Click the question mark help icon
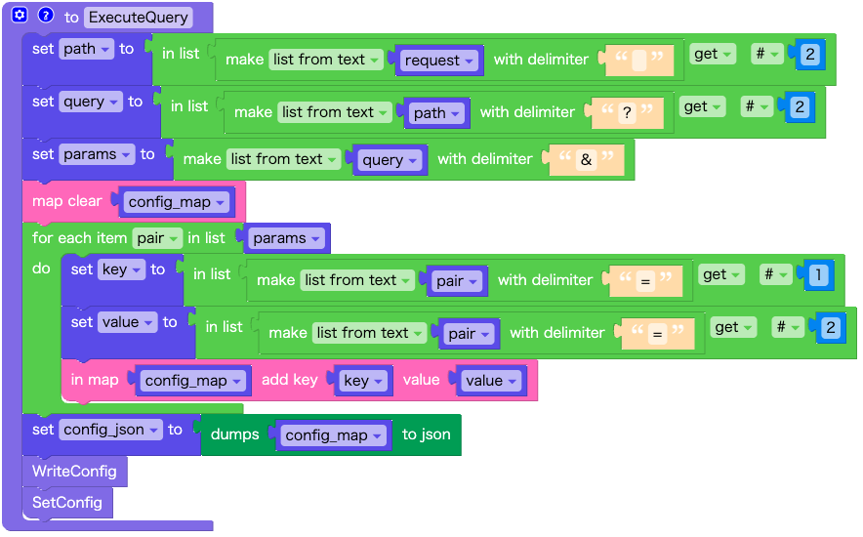pyautogui.click(x=45, y=16)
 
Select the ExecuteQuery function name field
pyautogui.click(x=138, y=18)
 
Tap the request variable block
pyautogui.click(x=439, y=61)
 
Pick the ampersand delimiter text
pyautogui.click(x=586, y=159)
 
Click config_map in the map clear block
pyautogui.click(x=176, y=202)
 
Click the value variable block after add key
pyautogui.click(x=491, y=381)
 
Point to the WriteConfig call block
pyautogui.click(x=74, y=472)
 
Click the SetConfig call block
pyautogui.click(x=66, y=503)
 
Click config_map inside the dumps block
pyautogui.click(x=332, y=435)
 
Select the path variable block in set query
pyautogui.click(x=436, y=113)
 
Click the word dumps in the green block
pyautogui.click(x=235, y=434)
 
